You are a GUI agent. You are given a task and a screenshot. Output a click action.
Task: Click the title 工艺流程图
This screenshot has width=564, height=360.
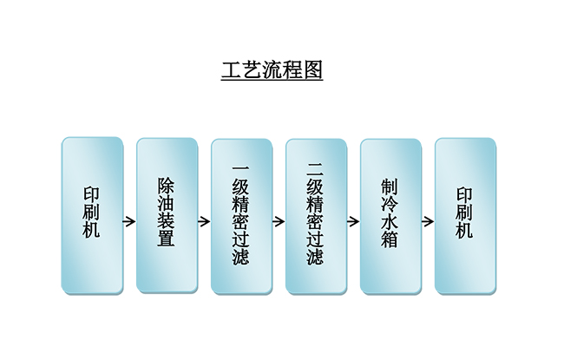[272, 70]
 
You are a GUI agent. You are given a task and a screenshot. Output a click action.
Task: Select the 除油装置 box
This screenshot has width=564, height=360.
[167, 215]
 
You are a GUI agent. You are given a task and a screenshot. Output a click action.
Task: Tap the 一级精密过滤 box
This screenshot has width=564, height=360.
[241, 215]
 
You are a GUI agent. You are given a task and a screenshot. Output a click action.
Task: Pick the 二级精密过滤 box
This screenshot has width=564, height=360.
[316, 215]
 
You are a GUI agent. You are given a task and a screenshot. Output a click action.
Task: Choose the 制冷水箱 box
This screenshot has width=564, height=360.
[390, 215]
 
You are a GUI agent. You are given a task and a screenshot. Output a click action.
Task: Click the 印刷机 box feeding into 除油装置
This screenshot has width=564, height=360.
[92, 215]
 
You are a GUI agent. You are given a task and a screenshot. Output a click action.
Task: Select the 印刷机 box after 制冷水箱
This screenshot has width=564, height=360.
[465, 215]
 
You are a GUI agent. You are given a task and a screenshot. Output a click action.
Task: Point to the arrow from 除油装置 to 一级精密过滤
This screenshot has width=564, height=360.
[204, 221]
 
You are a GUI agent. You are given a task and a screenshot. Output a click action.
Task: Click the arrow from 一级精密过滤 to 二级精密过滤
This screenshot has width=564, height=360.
[279, 221]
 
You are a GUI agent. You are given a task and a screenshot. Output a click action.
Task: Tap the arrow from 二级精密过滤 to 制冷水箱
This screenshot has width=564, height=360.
[353, 221]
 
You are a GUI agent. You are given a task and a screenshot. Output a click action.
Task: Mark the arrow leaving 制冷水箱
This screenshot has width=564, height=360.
[428, 221]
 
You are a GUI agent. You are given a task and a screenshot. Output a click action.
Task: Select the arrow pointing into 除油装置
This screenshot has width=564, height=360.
[129, 221]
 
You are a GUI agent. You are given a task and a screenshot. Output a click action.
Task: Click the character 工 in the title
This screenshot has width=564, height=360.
[231, 70]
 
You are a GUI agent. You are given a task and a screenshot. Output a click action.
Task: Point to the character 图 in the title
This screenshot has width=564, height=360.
[313, 70]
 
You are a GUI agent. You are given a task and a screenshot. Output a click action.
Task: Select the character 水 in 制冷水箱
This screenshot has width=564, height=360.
[390, 221]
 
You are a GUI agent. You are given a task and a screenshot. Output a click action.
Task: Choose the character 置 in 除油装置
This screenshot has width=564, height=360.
[167, 239]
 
